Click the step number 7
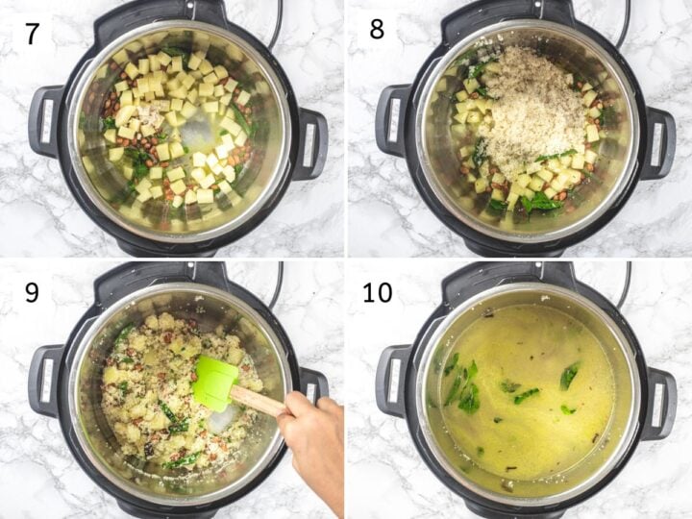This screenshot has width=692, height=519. (32, 33)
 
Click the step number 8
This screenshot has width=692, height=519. (376, 29)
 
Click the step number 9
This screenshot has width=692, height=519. (32, 291)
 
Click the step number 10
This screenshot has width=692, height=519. (378, 291)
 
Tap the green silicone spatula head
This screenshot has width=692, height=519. (214, 382)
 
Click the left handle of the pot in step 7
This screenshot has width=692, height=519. (44, 121)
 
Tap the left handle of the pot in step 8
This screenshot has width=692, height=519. (391, 121)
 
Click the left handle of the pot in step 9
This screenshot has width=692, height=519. (44, 380)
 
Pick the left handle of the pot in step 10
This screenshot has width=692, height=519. (391, 380)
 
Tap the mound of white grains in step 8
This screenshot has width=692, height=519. (533, 106)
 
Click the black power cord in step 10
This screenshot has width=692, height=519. (625, 284)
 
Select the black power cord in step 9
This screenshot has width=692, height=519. (278, 284)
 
